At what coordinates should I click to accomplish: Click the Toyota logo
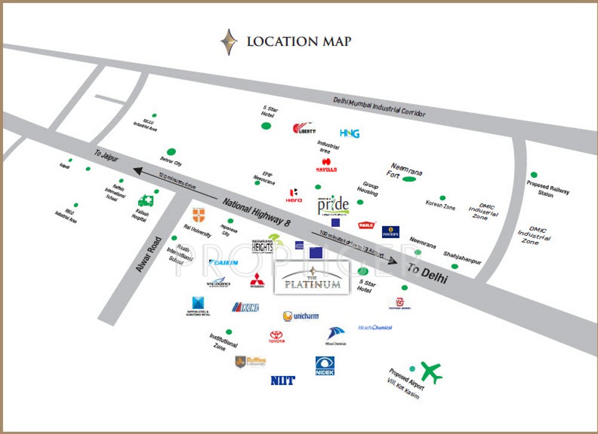click(x=276, y=337)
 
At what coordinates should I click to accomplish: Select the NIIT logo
click(x=282, y=380)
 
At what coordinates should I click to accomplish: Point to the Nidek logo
click(x=325, y=365)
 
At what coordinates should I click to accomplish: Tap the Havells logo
click(x=327, y=165)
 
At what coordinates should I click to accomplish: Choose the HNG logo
click(x=349, y=133)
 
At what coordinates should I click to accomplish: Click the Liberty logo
click(x=304, y=128)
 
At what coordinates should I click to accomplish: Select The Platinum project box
click(x=312, y=278)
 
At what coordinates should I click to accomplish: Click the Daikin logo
click(x=224, y=262)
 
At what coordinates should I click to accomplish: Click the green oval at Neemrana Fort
click(x=410, y=178)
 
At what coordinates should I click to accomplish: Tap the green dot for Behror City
click(x=172, y=152)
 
